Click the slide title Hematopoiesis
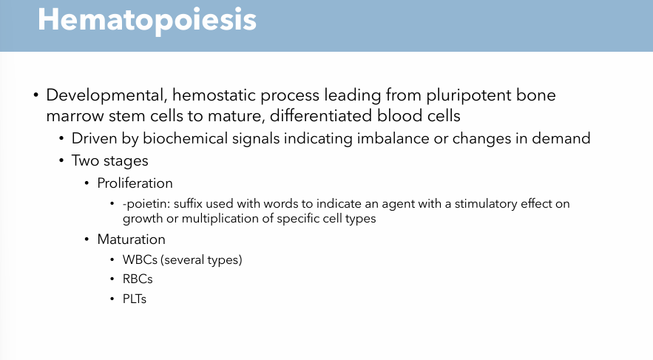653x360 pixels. pyautogui.click(x=147, y=20)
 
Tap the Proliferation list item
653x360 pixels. pyautogui.click(x=135, y=183)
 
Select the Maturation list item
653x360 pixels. pyautogui.click(x=131, y=240)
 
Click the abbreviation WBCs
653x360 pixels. pyautogui.click(x=141, y=260)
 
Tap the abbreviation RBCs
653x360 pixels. pyautogui.click(x=138, y=280)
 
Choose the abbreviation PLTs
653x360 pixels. pyautogui.click(x=135, y=300)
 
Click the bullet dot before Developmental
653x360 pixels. pyautogui.click(x=35, y=97)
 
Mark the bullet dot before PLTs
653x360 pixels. pyautogui.click(x=114, y=300)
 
